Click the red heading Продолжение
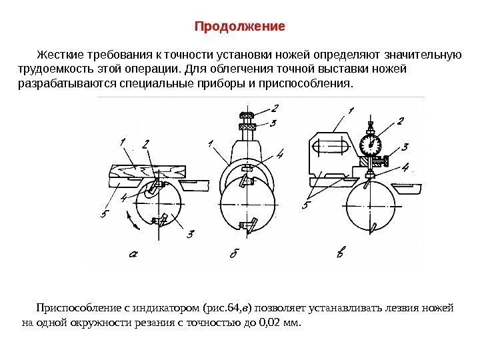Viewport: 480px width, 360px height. (239, 27)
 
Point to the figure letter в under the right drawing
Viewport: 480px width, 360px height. (341, 254)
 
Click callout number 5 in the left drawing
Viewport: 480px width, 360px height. (104, 213)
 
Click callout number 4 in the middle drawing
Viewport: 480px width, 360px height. (279, 155)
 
